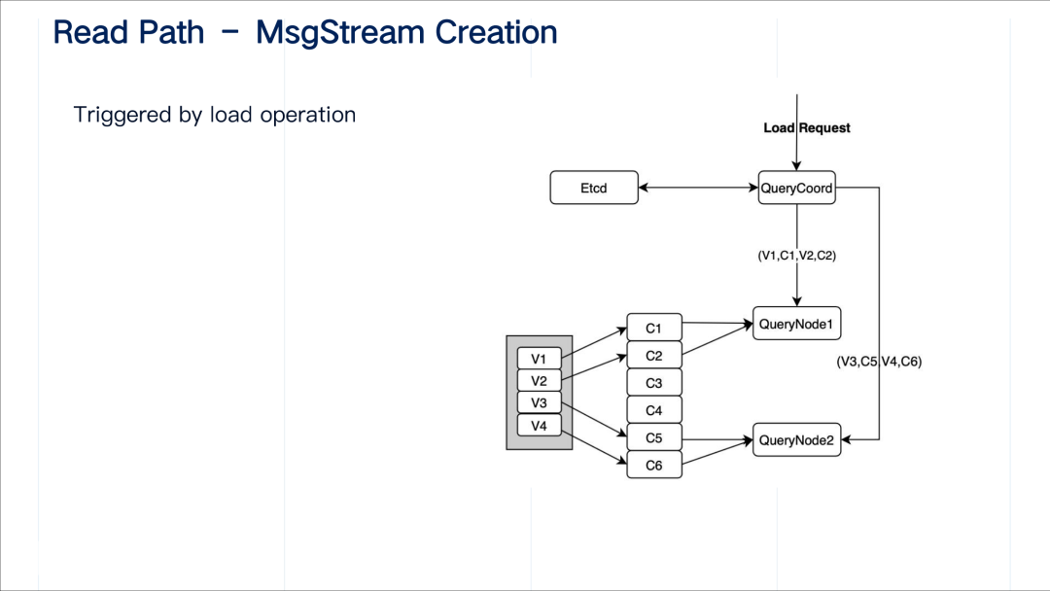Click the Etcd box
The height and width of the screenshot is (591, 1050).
(x=594, y=188)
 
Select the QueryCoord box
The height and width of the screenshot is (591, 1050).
(x=796, y=188)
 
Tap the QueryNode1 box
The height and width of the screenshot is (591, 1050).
(x=796, y=323)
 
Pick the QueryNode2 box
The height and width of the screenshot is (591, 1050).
(x=796, y=440)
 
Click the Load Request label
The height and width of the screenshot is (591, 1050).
(x=807, y=128)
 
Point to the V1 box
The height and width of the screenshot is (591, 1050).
(x=539, y=359)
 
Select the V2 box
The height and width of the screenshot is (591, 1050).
(x=539, y=381)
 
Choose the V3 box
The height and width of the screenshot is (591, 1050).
(x=539, y=402)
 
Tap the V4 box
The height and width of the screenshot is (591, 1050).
(x=539, y=425)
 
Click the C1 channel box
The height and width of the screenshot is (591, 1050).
(x=653, y=329)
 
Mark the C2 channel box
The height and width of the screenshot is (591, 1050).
(x=653, y=356)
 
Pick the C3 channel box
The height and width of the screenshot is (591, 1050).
(x=653, y=383)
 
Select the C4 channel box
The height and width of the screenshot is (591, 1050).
(x=653, y=410)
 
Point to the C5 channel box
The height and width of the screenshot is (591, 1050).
(x=653, y=437)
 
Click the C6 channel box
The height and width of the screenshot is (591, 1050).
(x=653, y=466)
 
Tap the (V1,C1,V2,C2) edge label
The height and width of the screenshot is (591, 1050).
(x=797, y=256)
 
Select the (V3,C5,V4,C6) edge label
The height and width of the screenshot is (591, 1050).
(x=879, y=362)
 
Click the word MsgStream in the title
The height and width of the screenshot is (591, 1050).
(x=340, y=32)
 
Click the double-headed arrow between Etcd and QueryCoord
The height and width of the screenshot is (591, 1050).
(x=698, y=188)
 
